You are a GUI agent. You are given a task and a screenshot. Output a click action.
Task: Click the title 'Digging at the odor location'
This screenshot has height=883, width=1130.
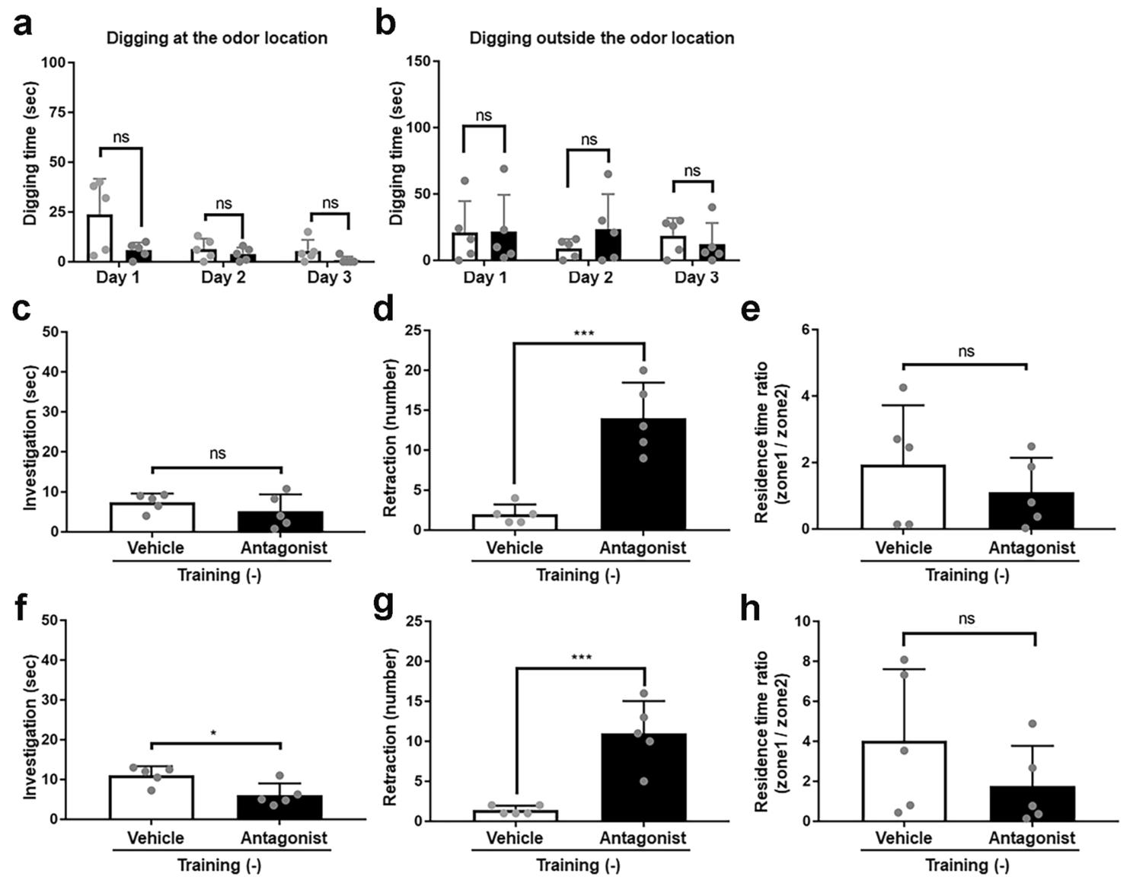(x=217, y=38)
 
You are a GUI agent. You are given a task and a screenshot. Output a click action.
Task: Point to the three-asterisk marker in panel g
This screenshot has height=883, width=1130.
(x=583, y=656)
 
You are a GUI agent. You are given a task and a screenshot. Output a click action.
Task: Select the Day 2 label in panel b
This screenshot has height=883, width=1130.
(x=590, y=277)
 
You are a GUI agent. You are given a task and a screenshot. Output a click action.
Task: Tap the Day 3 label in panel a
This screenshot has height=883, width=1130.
(x=329, y=277)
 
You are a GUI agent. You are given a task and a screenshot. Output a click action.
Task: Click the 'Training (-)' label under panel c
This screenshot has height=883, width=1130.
(x=219, y=575)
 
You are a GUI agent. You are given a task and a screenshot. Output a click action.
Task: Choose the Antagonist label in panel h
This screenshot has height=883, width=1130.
(x=1032, y=838)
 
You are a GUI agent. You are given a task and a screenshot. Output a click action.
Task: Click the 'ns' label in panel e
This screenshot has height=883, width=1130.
(x=966, y=352)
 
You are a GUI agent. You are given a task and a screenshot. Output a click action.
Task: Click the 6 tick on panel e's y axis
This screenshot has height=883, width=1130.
(x=804, y=330)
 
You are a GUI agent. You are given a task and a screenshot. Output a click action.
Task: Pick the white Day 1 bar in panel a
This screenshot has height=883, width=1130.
(x=100, y=238)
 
